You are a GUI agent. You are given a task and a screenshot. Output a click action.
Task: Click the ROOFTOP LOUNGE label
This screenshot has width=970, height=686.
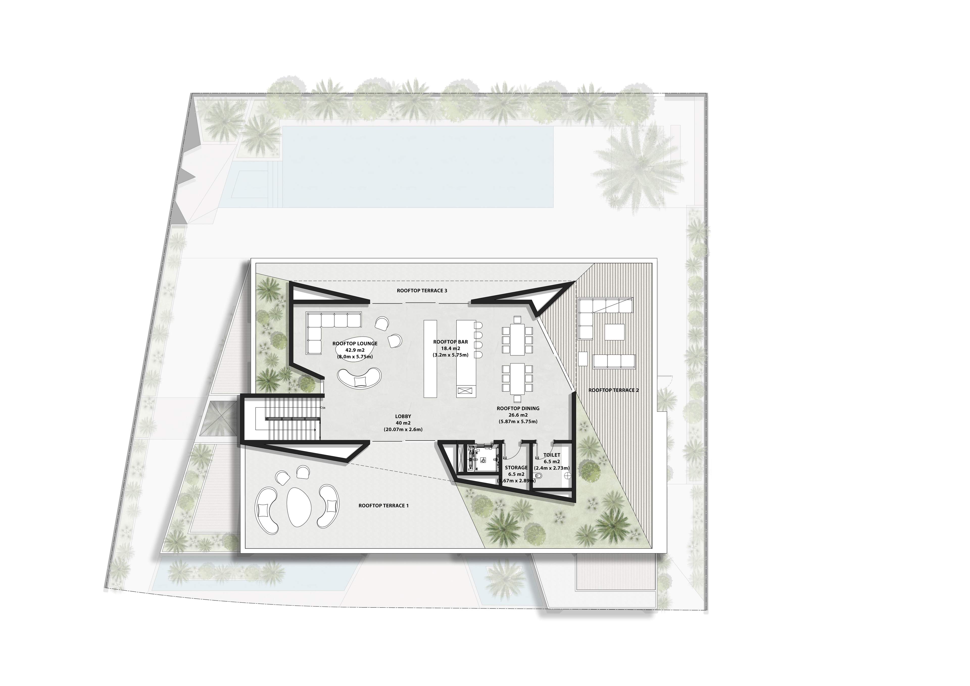point(355,344)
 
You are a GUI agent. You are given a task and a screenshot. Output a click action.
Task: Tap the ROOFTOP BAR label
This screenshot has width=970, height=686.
point(450,342)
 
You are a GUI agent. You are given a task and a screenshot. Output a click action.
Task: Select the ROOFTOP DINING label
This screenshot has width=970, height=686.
point(518,408)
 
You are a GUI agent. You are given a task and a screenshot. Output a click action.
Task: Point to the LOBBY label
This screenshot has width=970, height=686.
point(403,416)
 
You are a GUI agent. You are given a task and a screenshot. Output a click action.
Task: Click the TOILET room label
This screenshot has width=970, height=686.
point(552,455)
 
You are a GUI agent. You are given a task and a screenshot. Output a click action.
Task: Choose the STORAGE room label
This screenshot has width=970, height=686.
point(516,468)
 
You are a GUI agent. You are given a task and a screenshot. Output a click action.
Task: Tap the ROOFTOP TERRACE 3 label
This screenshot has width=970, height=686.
point(416,291)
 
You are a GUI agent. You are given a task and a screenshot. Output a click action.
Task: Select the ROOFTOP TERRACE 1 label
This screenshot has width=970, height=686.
point(384,505)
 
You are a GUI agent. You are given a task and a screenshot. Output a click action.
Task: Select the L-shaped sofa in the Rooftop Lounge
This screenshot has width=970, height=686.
point(327,332)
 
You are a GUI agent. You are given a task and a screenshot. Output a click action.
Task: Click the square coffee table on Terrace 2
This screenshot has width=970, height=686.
point(614,332)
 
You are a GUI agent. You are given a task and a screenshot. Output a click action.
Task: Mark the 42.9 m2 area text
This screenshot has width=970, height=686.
point(355,350)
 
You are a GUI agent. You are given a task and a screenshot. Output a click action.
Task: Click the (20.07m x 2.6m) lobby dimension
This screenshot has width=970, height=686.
point(403,429)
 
